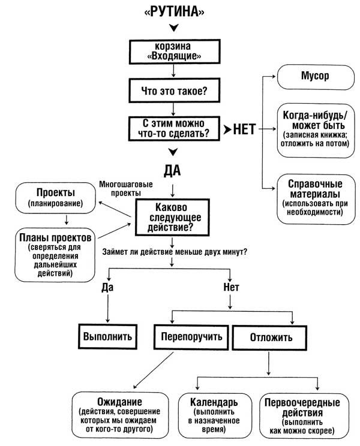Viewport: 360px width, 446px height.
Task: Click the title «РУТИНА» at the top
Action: point(173,13)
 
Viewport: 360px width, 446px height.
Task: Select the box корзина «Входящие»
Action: point(173,51)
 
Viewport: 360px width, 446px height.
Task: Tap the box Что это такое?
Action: point(173,92)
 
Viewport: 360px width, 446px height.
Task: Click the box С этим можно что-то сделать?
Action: point(173,128)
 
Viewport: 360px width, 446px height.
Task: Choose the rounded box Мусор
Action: point(314,77)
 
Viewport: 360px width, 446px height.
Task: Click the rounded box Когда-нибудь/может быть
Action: point(314,131)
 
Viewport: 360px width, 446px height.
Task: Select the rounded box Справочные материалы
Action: point(314,199)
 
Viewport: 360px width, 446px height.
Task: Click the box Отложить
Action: point(271,337)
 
